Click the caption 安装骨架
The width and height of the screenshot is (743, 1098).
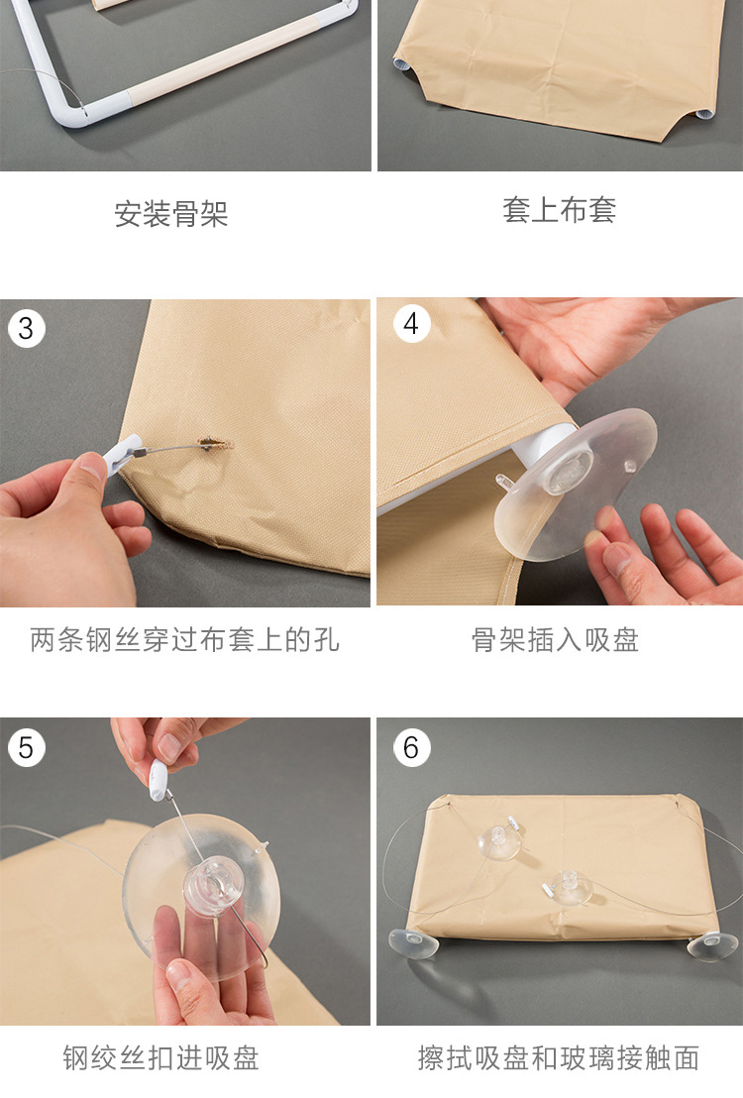(171, 214)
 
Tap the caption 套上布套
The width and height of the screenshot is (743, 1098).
(559, 210)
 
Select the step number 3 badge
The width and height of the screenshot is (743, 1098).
(26, 327)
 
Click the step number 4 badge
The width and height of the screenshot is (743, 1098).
(411, 325)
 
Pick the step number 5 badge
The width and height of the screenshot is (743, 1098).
(26, 747)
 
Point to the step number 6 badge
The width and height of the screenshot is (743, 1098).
(411, 746)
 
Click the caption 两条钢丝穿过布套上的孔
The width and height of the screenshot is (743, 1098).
(184, 640)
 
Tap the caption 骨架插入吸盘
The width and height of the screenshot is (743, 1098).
(555, 640)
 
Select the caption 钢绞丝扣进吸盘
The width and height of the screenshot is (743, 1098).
(160, 1057)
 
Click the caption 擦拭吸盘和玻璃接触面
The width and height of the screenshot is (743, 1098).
(559, 1057)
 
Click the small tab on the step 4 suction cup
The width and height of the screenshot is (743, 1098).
(506, 483)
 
